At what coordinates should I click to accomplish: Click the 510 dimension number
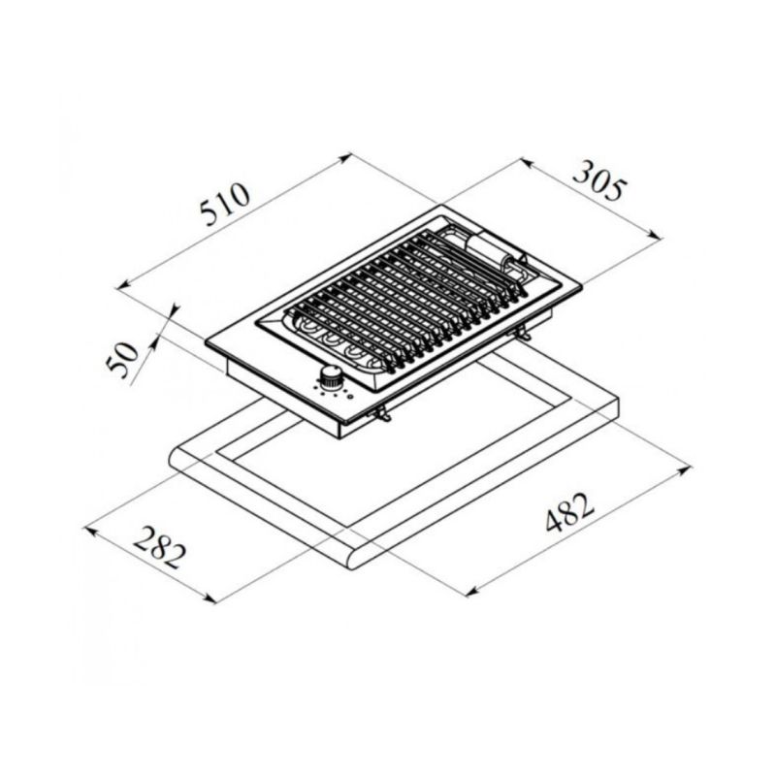pos(226,204)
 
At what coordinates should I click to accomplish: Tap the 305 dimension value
pos(599,180)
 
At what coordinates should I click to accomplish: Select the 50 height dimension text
pos(122,359)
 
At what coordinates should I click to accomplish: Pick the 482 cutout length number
pos(569,511)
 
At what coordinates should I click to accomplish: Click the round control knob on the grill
pos(330,376)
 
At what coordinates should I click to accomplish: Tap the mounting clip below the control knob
pos(382,414)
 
